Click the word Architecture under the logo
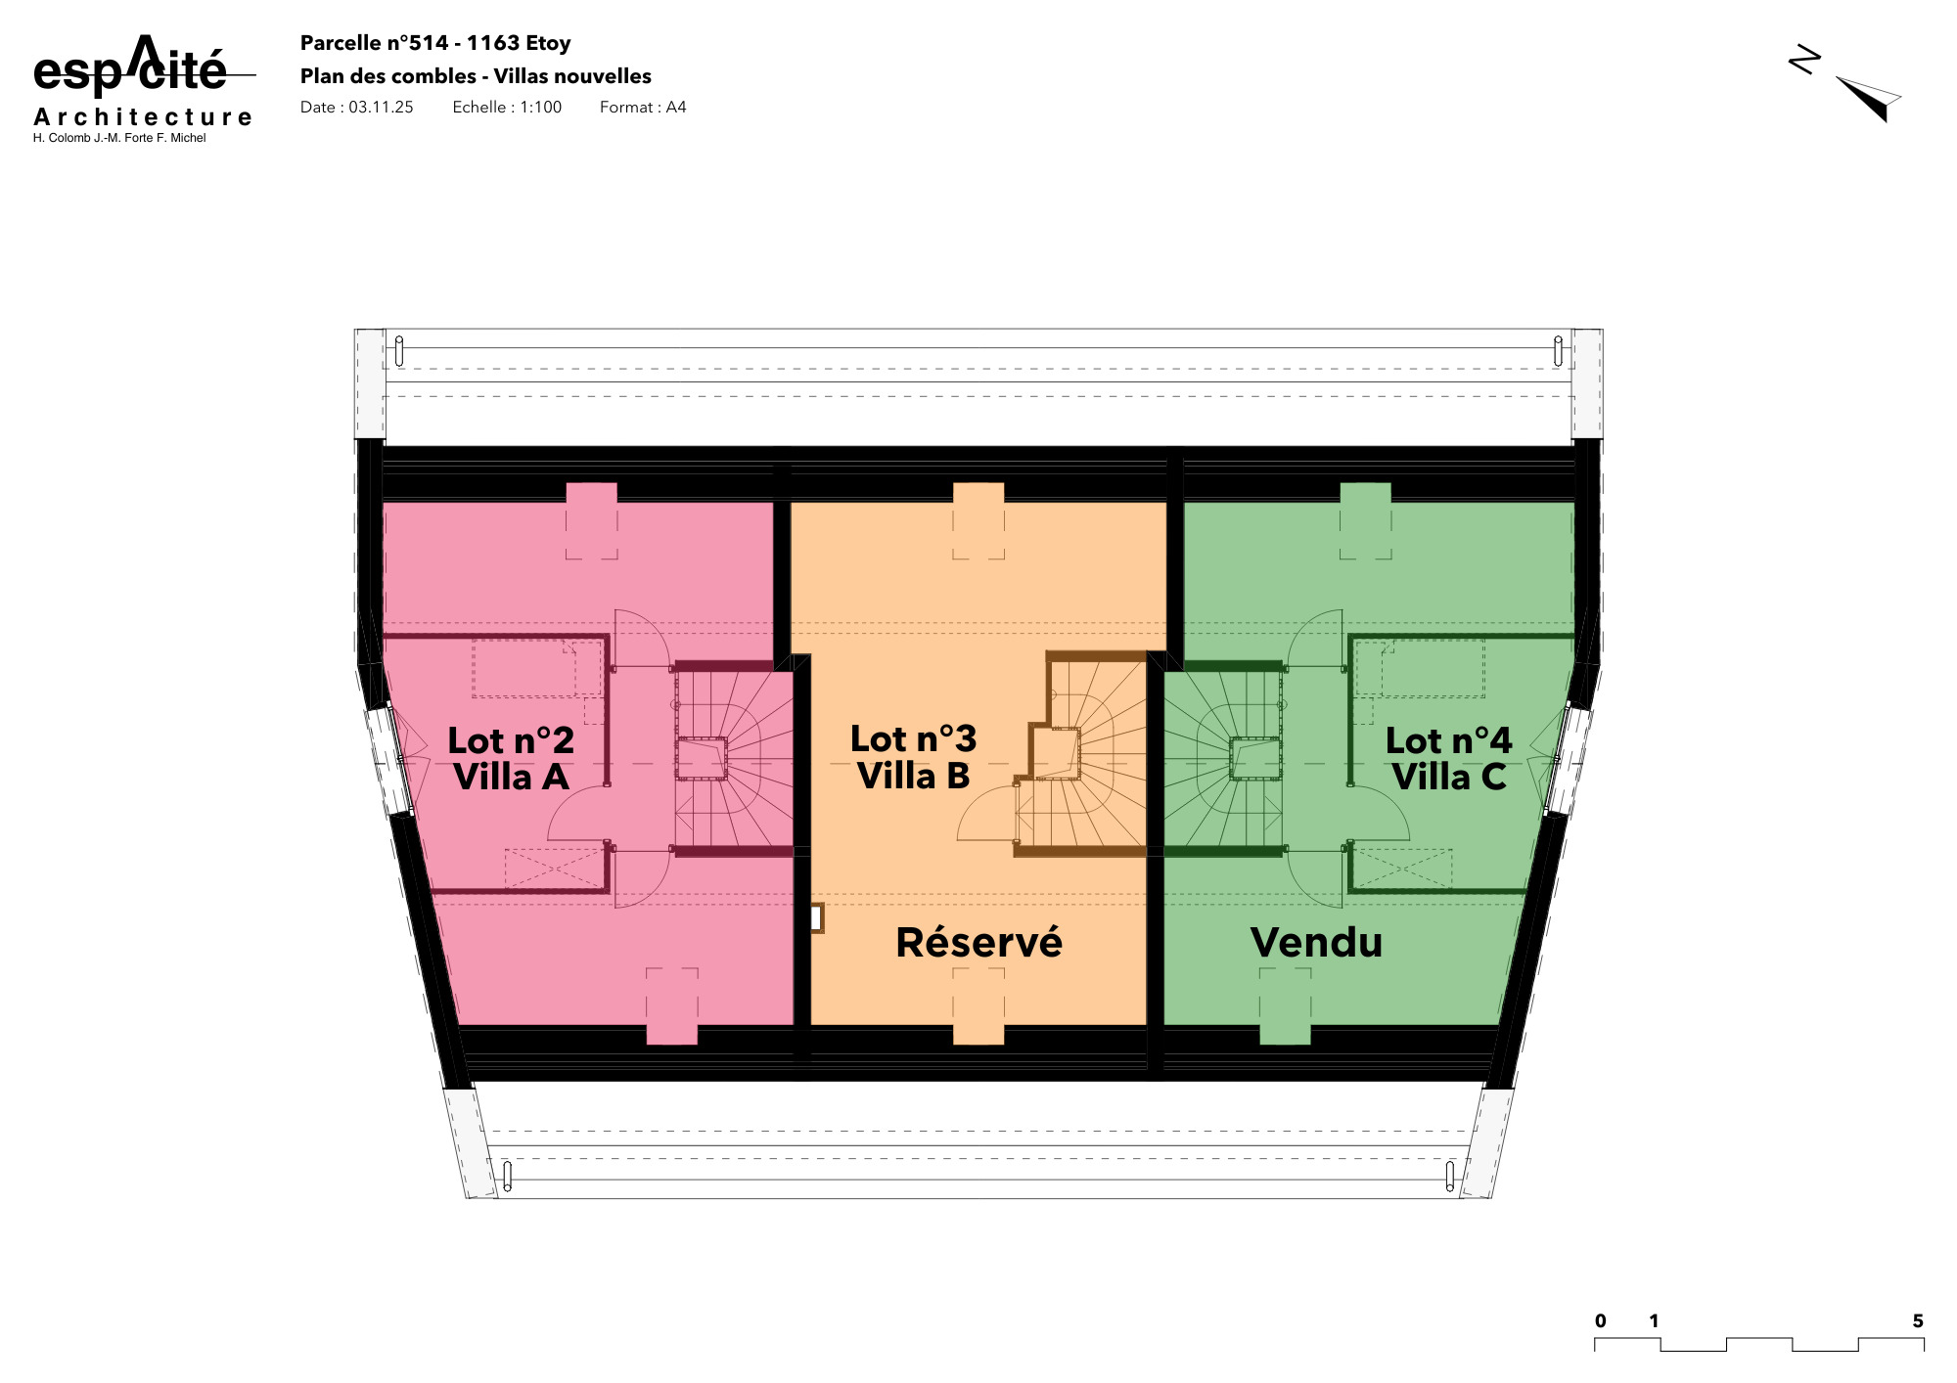coord(143,117)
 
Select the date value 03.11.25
coord(381,108)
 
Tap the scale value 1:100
coord(540,108)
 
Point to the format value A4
coord(676,108)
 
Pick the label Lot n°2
coord(511,740)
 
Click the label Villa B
coord(913,777)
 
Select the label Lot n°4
coord(1448,740)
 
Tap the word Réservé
coord(978,943)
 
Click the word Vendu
coord(1316,943)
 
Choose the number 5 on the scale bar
coord(1918,1321)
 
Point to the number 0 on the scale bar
coord(1601,1321)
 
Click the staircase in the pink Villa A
coord(734,759)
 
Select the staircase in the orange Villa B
coord(1086,759)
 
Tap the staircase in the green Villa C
coord(1223,759)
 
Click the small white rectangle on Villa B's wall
coord(815,918)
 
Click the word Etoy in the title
coord(548,43)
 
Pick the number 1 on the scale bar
coord(1654,1321)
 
